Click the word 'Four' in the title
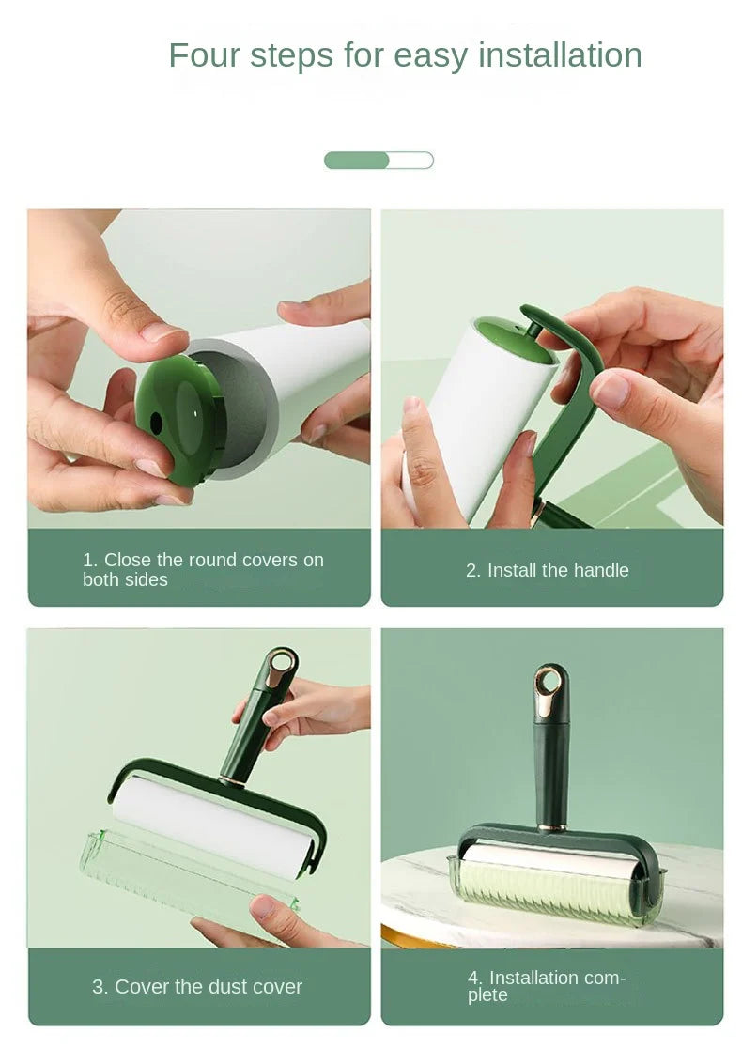[x=204, y=55]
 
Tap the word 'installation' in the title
[x=560, y=55]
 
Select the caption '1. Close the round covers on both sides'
[x=202, y=569]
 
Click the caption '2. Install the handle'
[x=548, y=570]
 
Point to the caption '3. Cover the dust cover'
[x=197, y=987]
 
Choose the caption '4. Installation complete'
[x=547, y=986]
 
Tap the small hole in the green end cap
[x=156, y=423]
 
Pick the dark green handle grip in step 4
[x=551, y=761]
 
